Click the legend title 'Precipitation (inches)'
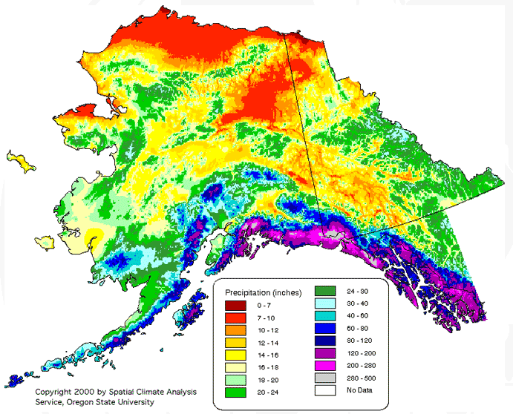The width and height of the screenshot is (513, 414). [264, 292]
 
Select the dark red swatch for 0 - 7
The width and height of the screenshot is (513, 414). [236, 306]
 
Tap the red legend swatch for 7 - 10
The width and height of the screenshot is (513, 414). [236, 318]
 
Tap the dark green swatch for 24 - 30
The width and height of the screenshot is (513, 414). [327, 291]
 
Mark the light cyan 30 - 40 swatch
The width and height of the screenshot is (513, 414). [327, 303]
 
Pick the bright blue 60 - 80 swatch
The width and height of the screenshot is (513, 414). [327, 329]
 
